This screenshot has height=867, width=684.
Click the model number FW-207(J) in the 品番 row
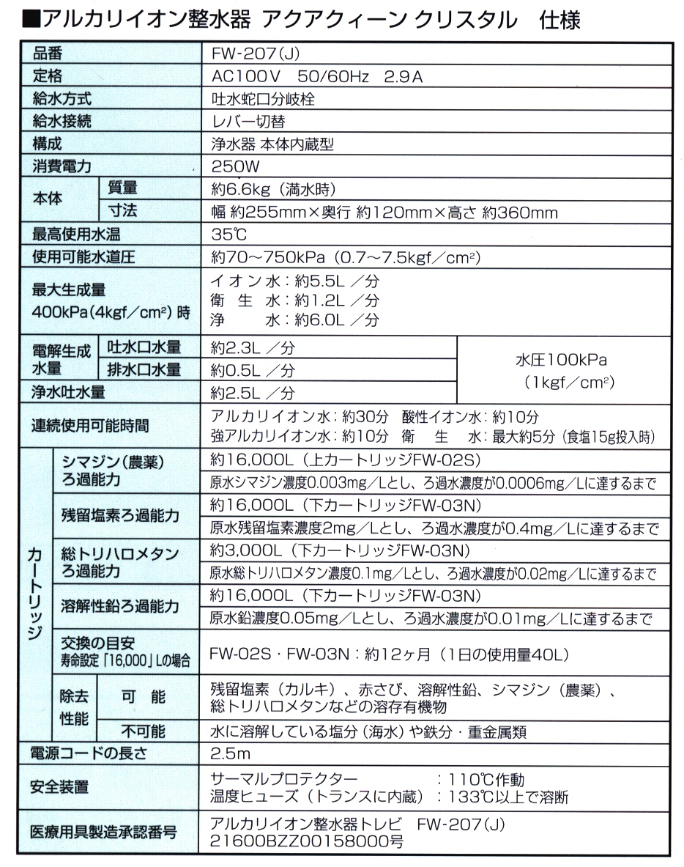click(254, 54)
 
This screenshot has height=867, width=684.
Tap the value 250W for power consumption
click(235, 167)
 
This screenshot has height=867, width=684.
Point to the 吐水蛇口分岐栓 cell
click(263, 100)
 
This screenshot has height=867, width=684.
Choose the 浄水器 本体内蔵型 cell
click(272, 144)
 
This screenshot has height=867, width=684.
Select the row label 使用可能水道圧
click(83, 257)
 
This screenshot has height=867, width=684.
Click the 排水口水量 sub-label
click(144, 369)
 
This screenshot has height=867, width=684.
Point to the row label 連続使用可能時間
click(91, 426)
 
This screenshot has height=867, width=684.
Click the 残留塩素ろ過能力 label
click(120, 515)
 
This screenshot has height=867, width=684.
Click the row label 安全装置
click(59, 787)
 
